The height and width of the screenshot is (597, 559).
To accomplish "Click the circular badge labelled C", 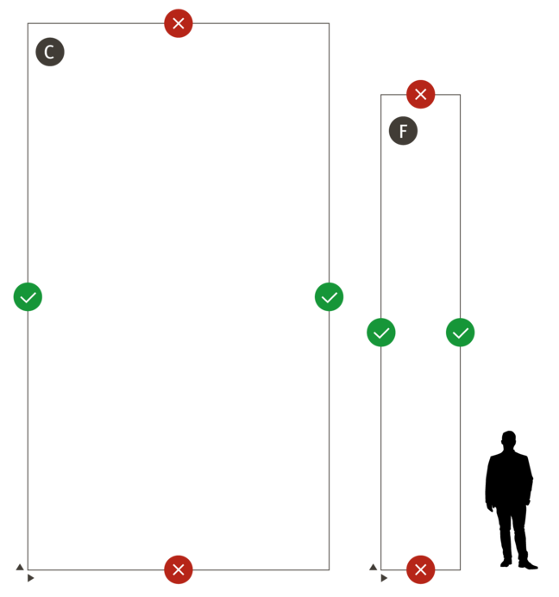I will (50, 53).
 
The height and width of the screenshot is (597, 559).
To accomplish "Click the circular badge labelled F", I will (403, 132).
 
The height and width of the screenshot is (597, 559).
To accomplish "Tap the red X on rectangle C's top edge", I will (179, 23).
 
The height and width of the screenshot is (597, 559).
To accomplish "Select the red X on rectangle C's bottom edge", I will (179, 569).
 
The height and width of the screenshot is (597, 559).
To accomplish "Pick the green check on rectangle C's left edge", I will (28, 297).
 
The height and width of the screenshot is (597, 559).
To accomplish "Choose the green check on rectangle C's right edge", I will (330, 297).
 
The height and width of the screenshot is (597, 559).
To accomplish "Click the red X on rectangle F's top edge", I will (421, 94).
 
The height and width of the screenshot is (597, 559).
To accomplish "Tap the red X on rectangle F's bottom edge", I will (421, 569).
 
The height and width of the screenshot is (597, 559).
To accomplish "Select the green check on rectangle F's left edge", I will (381, 333).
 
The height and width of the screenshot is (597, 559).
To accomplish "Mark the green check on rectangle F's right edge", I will (461, 333).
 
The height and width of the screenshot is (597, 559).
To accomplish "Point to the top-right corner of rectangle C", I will (330, 23).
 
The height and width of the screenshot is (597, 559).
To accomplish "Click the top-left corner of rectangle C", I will (28, 23).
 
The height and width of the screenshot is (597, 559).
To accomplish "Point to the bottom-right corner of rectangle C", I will (330, 569).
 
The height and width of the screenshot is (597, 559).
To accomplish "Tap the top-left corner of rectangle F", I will (381, 95).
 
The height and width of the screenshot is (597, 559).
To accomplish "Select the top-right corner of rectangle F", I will (461, 95).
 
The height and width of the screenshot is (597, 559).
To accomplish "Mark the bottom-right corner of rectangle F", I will (461, 569).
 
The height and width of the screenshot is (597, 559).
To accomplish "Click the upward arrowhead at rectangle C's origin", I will (20, 567).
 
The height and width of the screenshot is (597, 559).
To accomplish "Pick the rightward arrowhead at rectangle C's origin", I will (31, 578).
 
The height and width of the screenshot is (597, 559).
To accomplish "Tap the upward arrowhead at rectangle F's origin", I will (373, 567).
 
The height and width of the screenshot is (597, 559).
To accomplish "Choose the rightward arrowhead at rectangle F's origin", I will (385, 578).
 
